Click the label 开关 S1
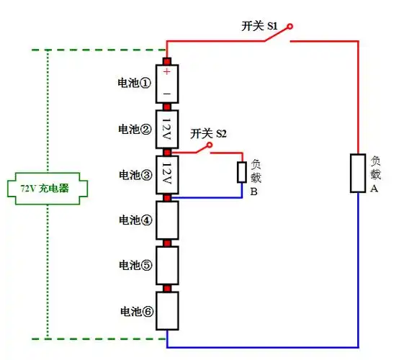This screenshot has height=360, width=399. (x=259, y=26)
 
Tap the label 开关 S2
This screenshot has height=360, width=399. (x=208, y=134)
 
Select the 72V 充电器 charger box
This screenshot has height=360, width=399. (x=47, y=189)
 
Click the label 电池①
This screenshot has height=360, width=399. (x=135, y=83)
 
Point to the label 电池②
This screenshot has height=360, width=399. (x=135, y=129)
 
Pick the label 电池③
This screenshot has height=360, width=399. (x=135, y=174)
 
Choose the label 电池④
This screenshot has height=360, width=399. (x=135, y=220)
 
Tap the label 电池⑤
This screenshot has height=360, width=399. (x=135, y=265)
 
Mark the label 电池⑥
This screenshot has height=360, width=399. (x=135, y=311)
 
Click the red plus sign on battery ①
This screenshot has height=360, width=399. (x=167, y=72)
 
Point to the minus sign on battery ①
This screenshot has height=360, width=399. (x=167, y=94)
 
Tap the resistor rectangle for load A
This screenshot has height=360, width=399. (x=358, y=174)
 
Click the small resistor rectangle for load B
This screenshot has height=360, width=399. (x=242, y=173)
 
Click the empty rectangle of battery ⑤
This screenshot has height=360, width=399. (x=167, y=265)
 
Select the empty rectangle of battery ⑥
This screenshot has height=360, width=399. (x=167, y=310)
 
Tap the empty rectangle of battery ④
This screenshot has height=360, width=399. (x=167, y=220)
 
